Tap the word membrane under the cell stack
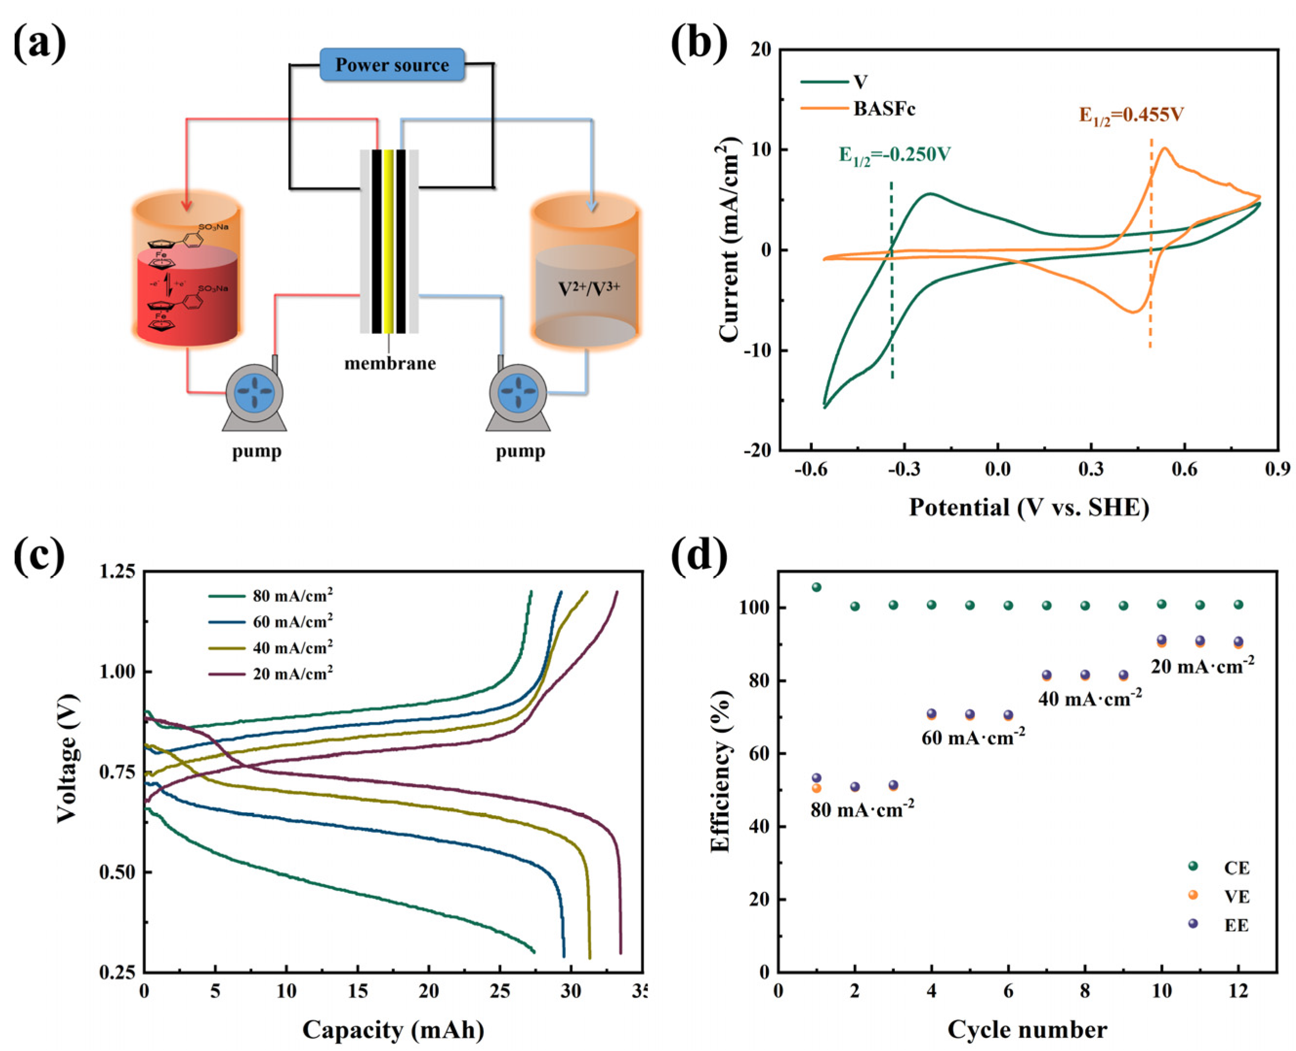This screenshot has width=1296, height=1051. point(390,363)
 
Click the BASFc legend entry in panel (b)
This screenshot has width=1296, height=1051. point(884,109)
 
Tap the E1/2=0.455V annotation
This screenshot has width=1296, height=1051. point(1131,115)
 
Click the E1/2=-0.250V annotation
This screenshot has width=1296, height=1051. point(894,155)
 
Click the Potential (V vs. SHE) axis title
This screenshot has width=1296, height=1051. point(1029,507)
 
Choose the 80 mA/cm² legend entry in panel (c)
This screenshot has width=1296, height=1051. point(292,596)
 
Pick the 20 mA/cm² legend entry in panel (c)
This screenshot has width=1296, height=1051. point(292,673)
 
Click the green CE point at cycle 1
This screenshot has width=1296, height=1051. point(816,587)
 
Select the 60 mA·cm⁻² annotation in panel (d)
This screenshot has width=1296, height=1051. point(973,737)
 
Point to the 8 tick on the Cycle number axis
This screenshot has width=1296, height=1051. point(1085,991)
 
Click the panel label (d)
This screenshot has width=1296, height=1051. point(699,556)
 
